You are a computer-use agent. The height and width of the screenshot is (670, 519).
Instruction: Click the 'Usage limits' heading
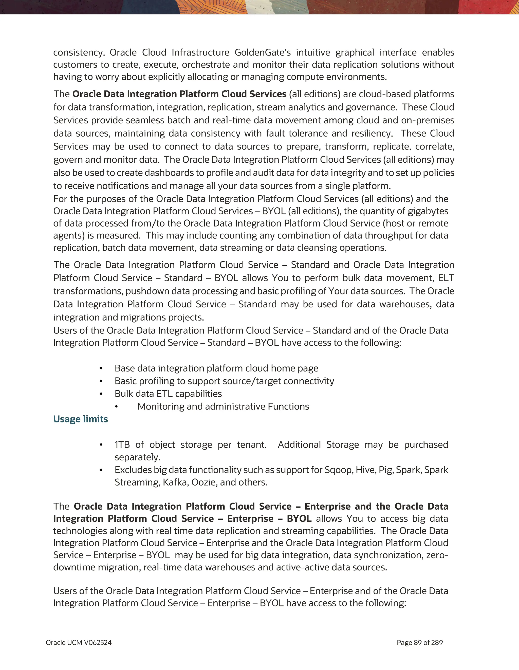[x=80, y=419]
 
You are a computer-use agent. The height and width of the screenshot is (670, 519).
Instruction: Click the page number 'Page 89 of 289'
[x=420, y=642]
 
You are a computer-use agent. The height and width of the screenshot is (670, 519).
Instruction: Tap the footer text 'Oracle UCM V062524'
[x=79, y=642]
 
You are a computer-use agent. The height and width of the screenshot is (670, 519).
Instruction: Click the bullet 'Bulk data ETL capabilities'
[x=168, y=394]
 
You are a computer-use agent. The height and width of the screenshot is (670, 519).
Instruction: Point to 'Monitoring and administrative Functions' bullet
[x=223, y=406]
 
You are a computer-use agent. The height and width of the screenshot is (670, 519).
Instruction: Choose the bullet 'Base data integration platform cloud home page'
[x=216, y=368]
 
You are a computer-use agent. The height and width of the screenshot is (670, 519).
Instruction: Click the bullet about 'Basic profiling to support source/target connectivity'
[x=224, y=381]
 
